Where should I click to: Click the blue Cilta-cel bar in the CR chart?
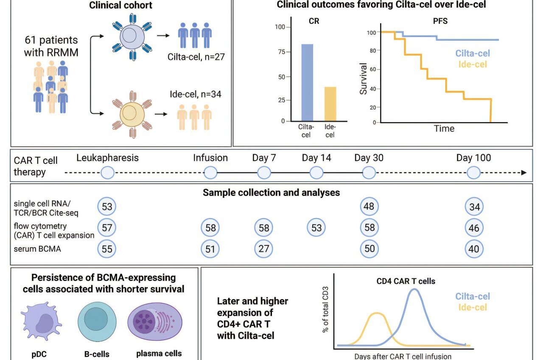[307, 82]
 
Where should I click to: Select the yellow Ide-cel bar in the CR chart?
[330, 104]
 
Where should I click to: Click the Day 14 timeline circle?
[316, 173]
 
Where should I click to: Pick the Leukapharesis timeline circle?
[108, 173]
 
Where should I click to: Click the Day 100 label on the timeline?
[473, 158]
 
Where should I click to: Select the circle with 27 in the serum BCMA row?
[264, 249]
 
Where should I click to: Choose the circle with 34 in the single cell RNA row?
[473, 207]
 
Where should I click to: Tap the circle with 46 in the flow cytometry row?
[473, 228]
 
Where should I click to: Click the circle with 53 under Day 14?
[316, 228]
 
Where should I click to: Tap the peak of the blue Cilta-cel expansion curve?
[414, 290]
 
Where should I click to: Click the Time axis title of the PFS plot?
[444, 128]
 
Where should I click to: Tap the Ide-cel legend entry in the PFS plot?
[473, 65]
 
